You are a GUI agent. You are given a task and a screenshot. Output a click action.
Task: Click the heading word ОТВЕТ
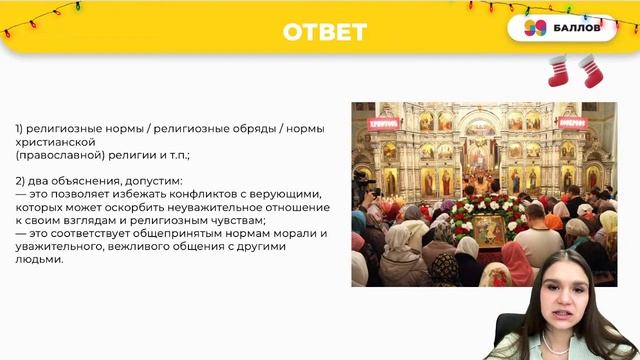pyautogui.click(x=324, y=33)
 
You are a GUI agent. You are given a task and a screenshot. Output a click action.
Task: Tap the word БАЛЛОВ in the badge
pyautogui.click(x=576, y=29)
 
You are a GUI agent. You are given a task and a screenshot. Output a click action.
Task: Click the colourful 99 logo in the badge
pyautogui.click(x=535, y=29)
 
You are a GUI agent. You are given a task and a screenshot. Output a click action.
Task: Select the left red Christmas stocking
pyautogui.click(x=561, y=71)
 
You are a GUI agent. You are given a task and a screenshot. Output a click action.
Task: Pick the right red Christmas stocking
pyautogui.click(x=591, y=72)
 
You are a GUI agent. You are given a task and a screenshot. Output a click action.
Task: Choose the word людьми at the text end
pyautogui.click(x=38, y=260)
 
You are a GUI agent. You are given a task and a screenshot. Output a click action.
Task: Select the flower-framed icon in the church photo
pyautogui.click(x=481, y=224)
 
